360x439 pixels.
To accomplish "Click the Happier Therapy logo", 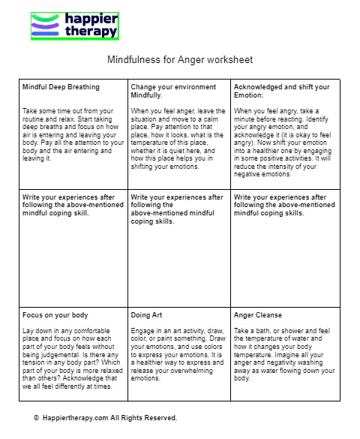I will tap(74, 26).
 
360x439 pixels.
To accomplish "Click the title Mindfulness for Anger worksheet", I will tap(180, 59).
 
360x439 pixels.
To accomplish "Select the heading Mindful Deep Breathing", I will tap(61, 87).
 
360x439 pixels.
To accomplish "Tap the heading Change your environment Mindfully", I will tap(177, 92).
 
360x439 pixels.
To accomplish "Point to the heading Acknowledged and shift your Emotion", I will tap(281, 92).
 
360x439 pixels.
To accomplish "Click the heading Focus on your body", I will tap(55, 316).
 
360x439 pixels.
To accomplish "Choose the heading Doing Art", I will tap(147, 316).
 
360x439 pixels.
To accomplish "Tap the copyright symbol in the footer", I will tap(36, 417).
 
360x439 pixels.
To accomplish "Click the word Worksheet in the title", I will tap(232, 59).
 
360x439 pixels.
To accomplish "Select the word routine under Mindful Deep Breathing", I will tap(34, 119).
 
